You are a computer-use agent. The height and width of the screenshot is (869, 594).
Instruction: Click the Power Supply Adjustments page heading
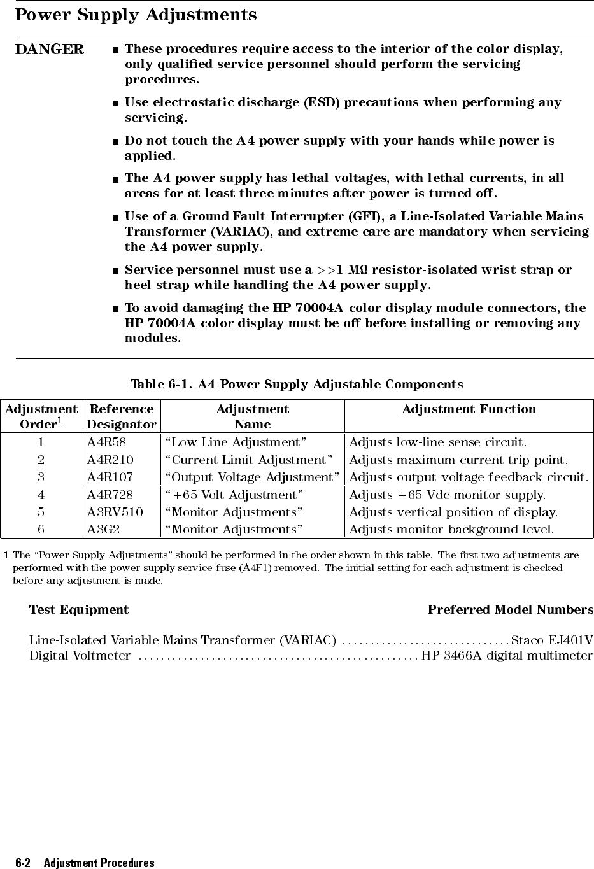(x=136, y=15)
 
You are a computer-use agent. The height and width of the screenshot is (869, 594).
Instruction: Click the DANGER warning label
(x=49, y=49)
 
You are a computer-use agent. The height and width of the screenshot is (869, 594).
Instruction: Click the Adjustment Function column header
(x=469, y=409)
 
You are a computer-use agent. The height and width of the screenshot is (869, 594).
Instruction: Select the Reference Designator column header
(x=122, y=416)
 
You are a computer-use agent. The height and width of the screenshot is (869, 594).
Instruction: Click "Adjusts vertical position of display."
(x=454, y=512)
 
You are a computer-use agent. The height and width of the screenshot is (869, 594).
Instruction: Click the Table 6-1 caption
(x=297, y=385)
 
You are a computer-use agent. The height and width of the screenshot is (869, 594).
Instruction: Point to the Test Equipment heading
(x=79, y=610)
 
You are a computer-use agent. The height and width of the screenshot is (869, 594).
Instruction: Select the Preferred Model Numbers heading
(x=510, y=610)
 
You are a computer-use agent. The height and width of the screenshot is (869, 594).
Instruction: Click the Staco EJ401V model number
(x=552, y=639)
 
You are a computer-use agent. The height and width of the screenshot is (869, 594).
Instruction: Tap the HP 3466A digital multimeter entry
(x=507, y=655)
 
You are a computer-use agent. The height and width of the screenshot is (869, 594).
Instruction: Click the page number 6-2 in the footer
(x=24, y=863)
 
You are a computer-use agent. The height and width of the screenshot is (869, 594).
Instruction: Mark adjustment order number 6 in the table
(x=41, y=529)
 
